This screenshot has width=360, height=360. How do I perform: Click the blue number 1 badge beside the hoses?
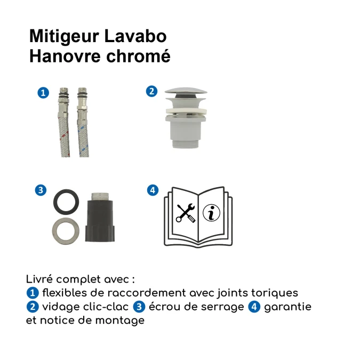click(x=43, y=92)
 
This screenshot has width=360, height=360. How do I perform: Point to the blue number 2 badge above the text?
click(x=151, y=91)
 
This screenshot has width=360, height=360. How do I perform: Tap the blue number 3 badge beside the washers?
click(x=40, y=190)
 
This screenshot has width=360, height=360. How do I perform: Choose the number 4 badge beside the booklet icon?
click(x=153, y=190)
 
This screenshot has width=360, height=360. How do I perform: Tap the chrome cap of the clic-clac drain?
click(x=182, y=95)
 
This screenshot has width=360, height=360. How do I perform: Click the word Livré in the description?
click(x=39, y=279)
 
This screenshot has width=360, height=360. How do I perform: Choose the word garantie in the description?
click(x=287, y=307)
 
